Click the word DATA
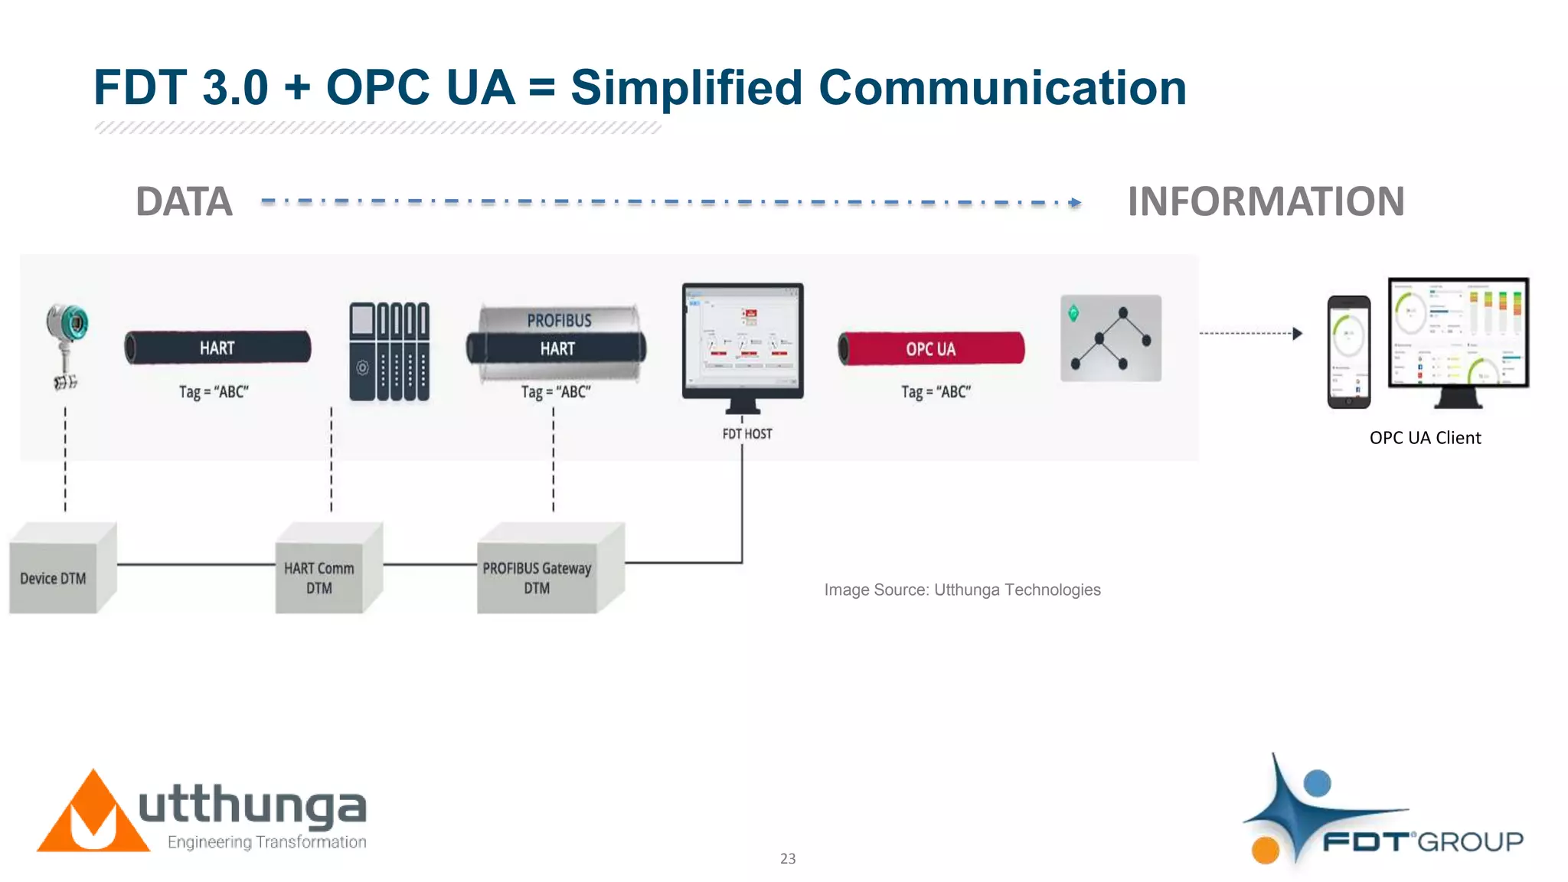click(x=184, y=202)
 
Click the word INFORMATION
click(x=1266, y=202)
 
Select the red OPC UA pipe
click(x=931, y=349)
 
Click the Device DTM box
click(x=54, y=578)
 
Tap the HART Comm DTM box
click(x=319, y=578)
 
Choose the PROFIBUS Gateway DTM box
click(x=537, y=578)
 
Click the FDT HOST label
click(x=747, y=434)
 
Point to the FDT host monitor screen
click(x=742, y=338)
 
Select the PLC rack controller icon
click(x=389, y=351)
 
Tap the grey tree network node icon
click(x=1110, y=338)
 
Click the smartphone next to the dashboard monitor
click(x=1348, y=351)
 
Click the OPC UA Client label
click(x=1425, y=438)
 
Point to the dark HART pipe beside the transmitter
click(x=217, y=348)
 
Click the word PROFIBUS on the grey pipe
click(x=559, y=320)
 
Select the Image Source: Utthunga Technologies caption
click(x=962, y=590)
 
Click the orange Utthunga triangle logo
click(x=93, y=816)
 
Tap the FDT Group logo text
click(x=1423, y=842)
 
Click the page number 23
click(x=788, y=859)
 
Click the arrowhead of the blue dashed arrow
click(x=1076, y=203)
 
